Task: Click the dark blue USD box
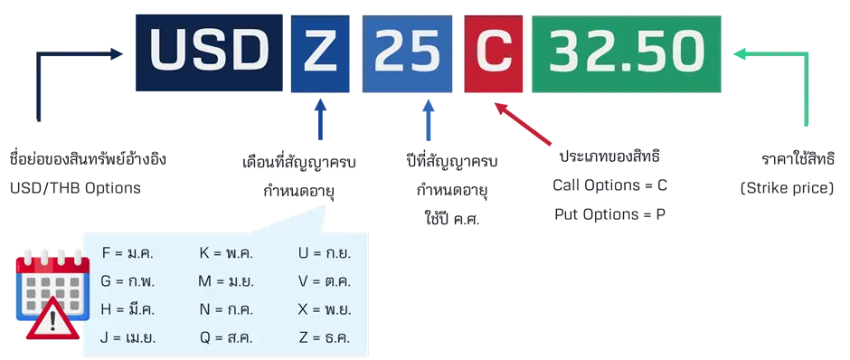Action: [208, 52]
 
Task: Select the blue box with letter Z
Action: [320, 53]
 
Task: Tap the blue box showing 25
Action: [408, 53]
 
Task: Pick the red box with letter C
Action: [493, 53]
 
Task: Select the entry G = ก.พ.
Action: [127, 280]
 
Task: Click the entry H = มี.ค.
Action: [127, 309]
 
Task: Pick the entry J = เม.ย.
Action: [128, 338]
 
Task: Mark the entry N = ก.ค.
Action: [225, 309]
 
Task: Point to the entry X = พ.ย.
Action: [325, 309]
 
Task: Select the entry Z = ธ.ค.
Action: [325, 338]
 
